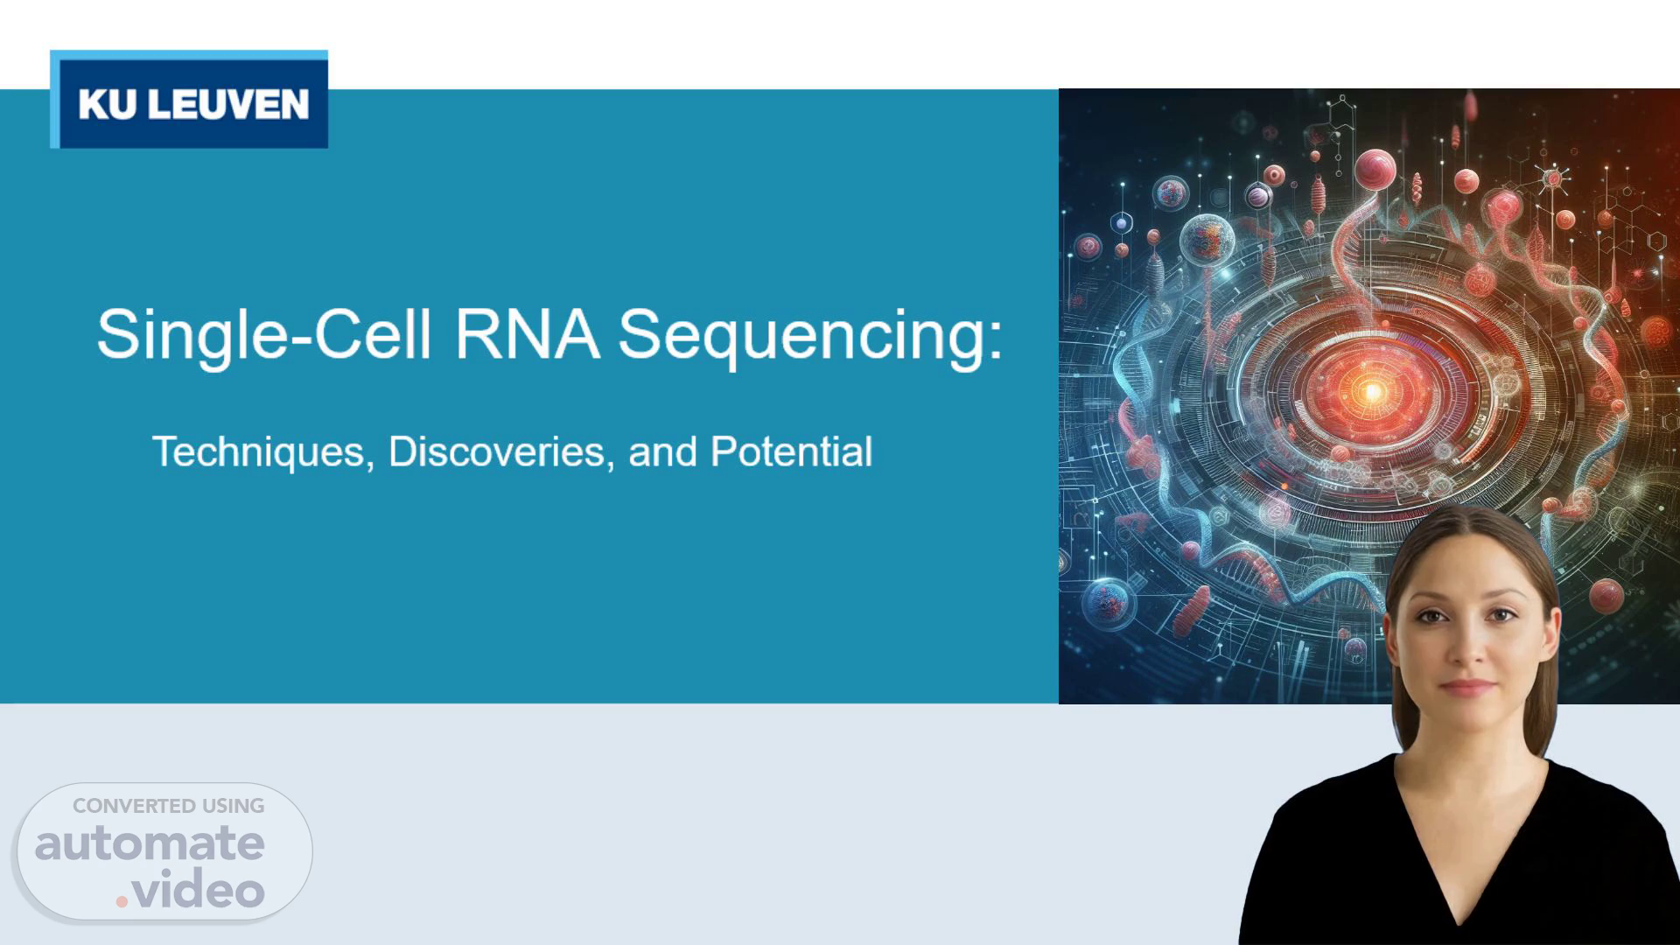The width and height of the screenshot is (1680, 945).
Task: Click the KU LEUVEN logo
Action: click(189, 99)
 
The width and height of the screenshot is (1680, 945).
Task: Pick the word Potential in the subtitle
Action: click(791, 451)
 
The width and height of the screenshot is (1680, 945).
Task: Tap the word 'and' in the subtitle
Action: click(662, 451)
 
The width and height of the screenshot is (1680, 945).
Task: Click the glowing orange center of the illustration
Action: click(1371, 391)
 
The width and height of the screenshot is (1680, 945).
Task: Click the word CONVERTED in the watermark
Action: click(134, 806)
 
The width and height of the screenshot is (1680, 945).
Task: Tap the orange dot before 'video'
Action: click(122, 900)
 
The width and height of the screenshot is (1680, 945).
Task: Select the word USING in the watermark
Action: click(234, 806)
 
